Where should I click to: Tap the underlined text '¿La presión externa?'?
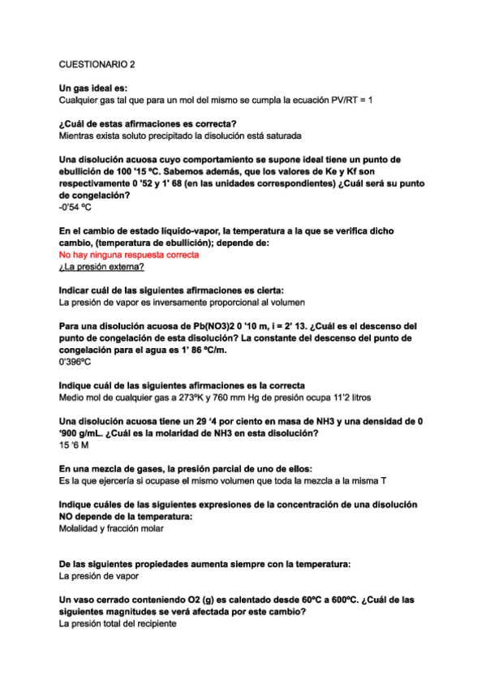pos(102,267)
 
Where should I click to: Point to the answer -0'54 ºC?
pos(75,208)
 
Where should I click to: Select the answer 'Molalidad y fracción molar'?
pos(111,528)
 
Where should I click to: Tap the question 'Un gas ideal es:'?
pos(93,88)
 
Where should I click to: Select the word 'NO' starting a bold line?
pos(69,516)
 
